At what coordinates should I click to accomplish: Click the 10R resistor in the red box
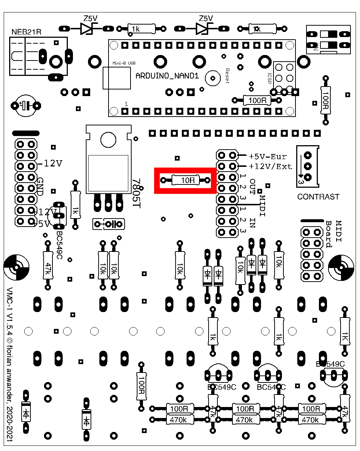tap(185, 180)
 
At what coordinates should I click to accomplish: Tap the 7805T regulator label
tap(136, 194)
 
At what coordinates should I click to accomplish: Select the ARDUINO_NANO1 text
tap(167, 76)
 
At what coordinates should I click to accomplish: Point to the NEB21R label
tap(27, 32)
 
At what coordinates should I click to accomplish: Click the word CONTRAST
tap(318, 197)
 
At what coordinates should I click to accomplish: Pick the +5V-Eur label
tap(268, 156)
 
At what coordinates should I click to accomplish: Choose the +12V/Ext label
tap(271, 166)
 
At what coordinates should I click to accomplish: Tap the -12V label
tap(50, 164)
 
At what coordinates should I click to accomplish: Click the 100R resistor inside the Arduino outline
tap(257, 100)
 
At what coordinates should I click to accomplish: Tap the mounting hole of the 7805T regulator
tap(108, 139)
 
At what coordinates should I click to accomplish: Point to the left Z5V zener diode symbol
tap(87, 28)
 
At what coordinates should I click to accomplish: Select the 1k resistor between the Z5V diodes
tap(141, 28)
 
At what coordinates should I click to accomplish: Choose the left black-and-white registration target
tap(16, 267)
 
